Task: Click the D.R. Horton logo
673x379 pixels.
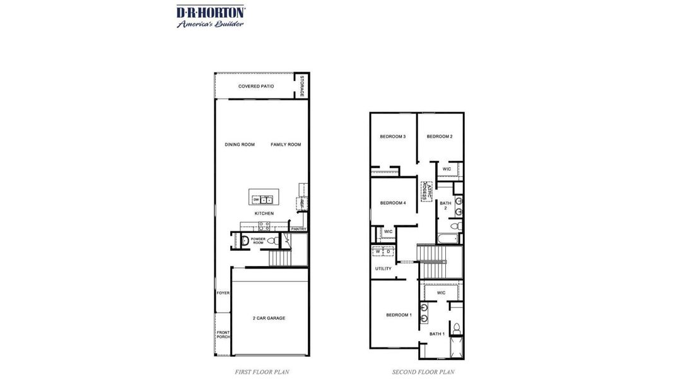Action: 210,16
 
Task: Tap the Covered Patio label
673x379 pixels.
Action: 255,86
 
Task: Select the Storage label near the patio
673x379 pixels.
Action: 302,86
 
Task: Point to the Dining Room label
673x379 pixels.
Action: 240,145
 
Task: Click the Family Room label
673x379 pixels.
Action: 286,145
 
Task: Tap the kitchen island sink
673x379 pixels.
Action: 267,200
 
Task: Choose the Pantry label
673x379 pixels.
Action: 298,229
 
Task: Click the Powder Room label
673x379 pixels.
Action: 258,241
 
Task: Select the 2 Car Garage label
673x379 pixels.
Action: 269,318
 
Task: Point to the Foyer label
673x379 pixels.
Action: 223,293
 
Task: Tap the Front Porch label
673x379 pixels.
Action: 223,335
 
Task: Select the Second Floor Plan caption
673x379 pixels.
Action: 423,372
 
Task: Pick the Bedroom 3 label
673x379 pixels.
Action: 392,136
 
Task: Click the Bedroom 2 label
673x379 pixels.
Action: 439,136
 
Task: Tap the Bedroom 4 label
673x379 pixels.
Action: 392,203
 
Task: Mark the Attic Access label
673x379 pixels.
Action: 427,191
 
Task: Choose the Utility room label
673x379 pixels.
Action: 383,268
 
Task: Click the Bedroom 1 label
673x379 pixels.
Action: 399,315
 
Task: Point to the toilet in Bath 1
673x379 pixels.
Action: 457,328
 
